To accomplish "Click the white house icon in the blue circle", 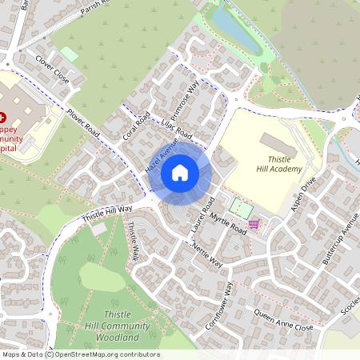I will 180,172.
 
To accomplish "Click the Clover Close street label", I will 52,68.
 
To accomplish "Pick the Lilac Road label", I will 174,129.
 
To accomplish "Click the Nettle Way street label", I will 206,254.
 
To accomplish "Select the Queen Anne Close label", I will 282,322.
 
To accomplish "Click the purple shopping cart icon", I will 254,225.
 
